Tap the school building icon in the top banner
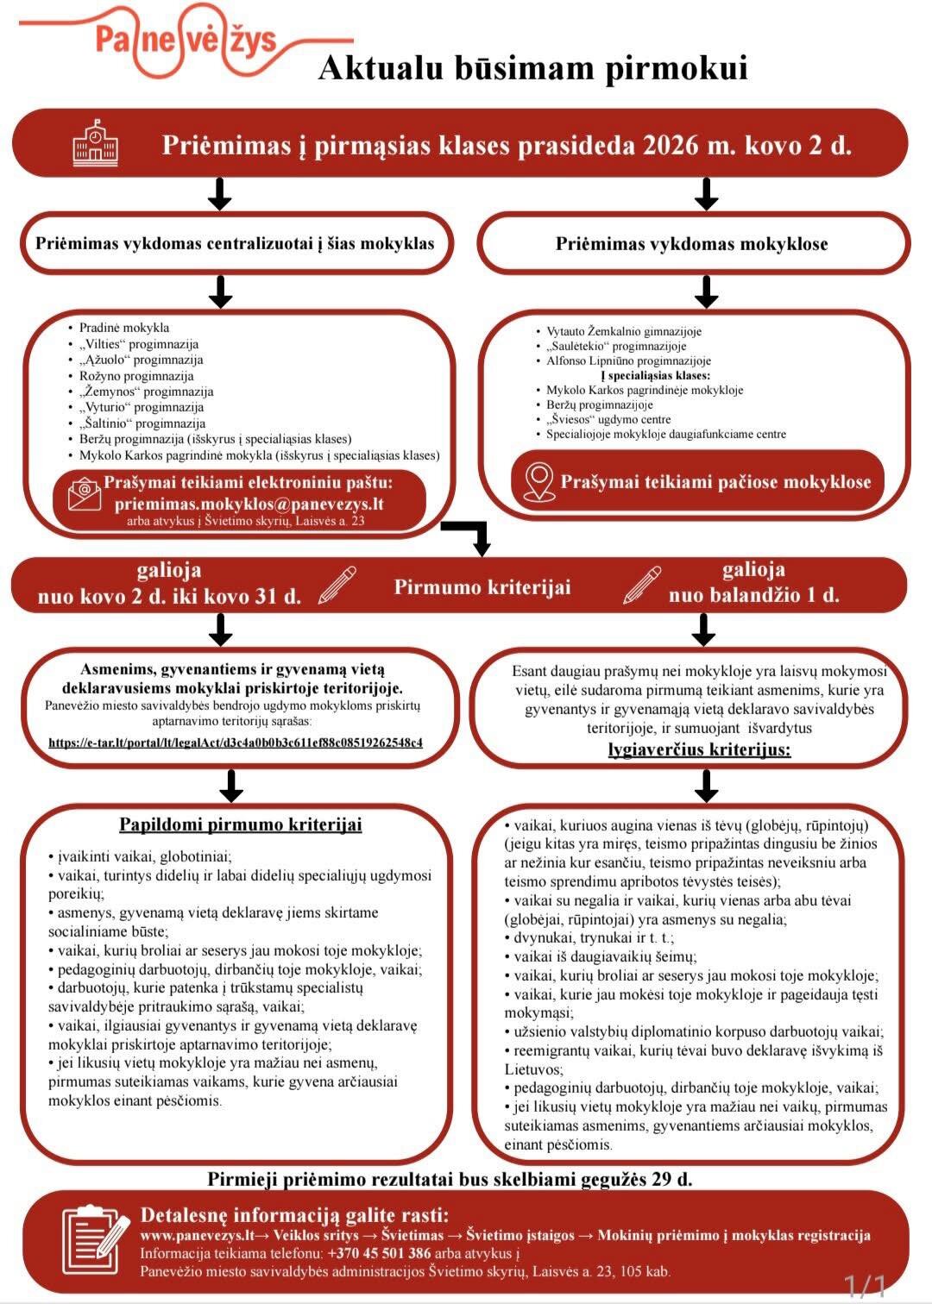95,143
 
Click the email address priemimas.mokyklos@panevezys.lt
249,505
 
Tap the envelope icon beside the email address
84,495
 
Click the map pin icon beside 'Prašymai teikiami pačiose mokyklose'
538,481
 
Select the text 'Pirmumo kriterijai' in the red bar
482,587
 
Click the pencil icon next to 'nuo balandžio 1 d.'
642,584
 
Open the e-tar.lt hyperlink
236,742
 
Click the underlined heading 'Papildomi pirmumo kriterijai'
240,824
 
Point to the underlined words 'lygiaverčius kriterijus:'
699,749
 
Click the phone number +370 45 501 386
379,1253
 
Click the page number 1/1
865,1286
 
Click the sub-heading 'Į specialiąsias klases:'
655,375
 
